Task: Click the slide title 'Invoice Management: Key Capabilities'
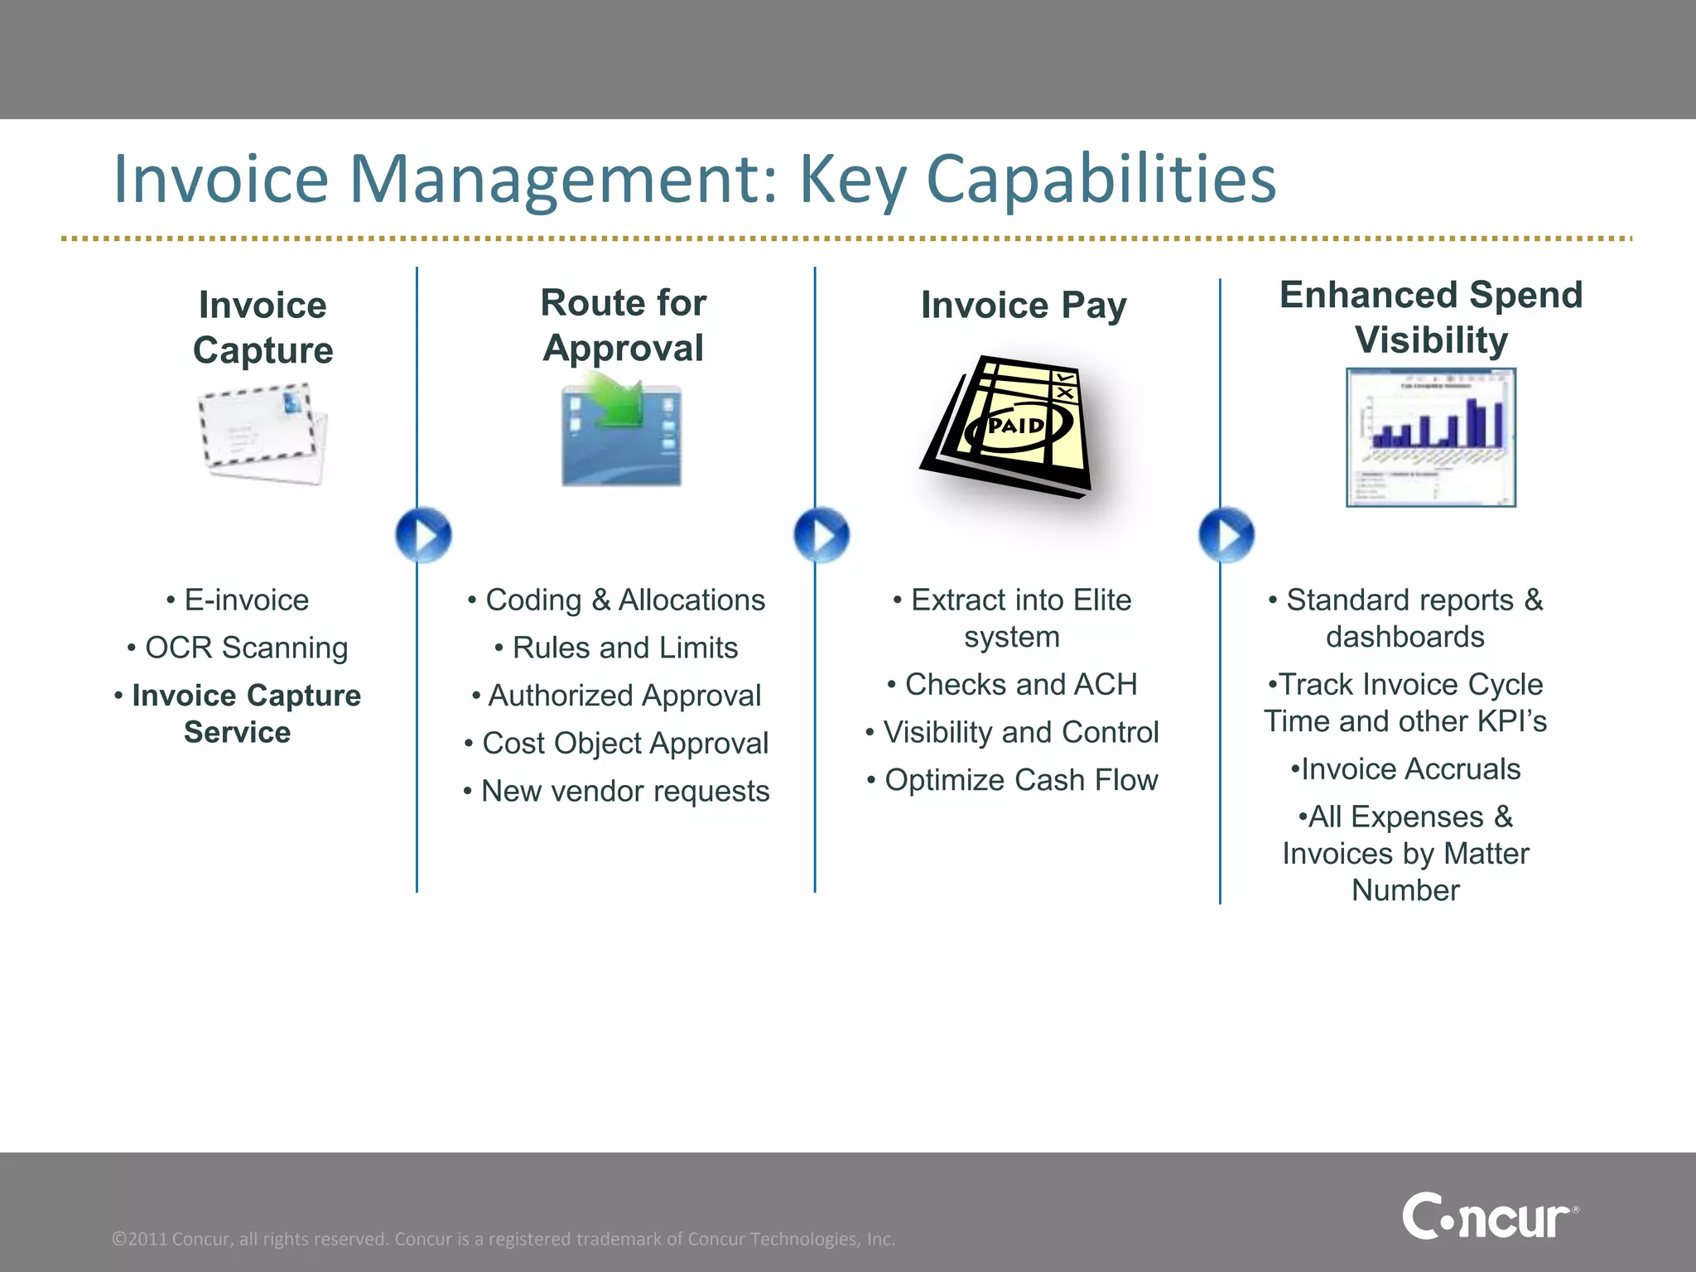[x=694, y=179]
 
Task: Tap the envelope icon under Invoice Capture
[x=262, y=434]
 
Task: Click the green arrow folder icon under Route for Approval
[x=621, y=431]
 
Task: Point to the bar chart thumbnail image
[x=1431, y=437]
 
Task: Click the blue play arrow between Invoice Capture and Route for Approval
[x=423, y=535]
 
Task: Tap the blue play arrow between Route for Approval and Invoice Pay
[x=821, y=535]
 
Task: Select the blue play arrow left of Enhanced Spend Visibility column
[x=1226, y=535]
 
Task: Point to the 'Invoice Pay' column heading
[x=1024, y=305]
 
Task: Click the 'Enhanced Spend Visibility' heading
[x=1431, y=317]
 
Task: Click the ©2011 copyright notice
[x=503, y=1239]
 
